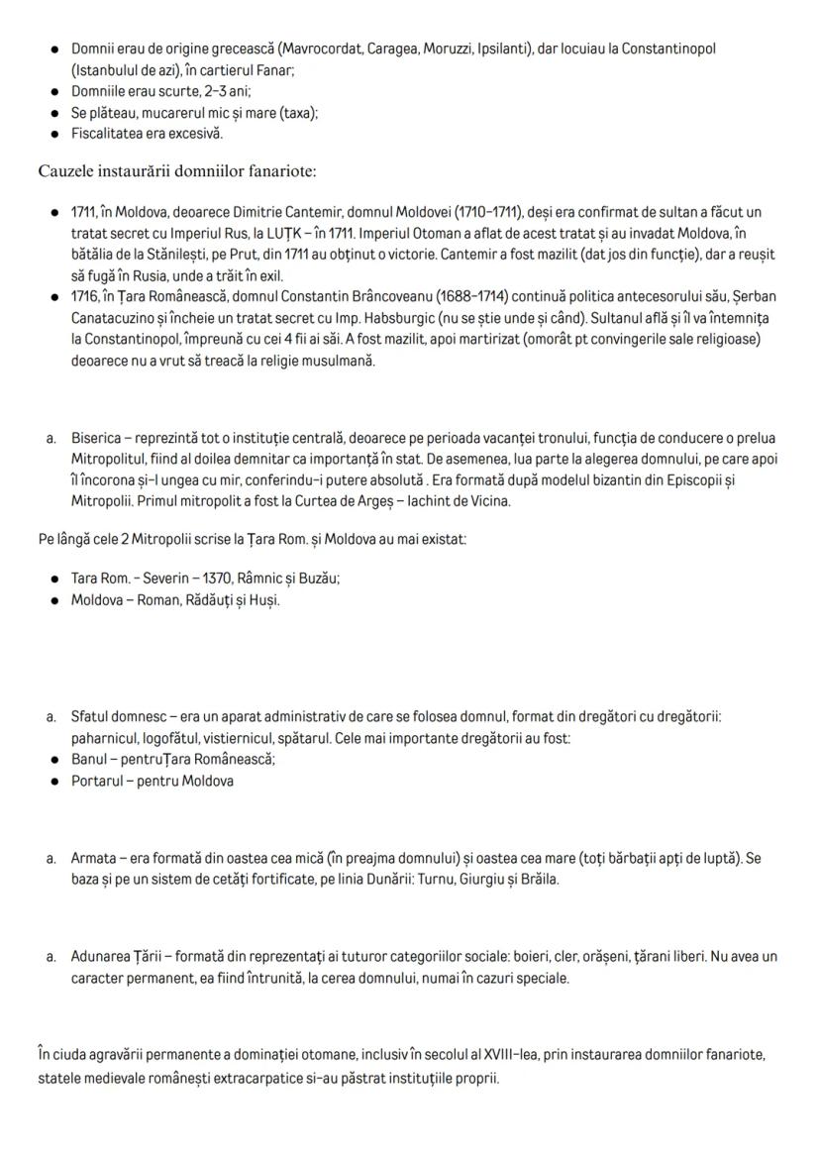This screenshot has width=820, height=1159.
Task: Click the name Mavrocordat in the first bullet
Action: pos(318,49)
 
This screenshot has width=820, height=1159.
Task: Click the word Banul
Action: pos(89,760)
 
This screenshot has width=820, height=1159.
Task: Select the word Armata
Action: pos(94,858)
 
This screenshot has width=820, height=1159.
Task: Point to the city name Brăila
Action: pos(539,880)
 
